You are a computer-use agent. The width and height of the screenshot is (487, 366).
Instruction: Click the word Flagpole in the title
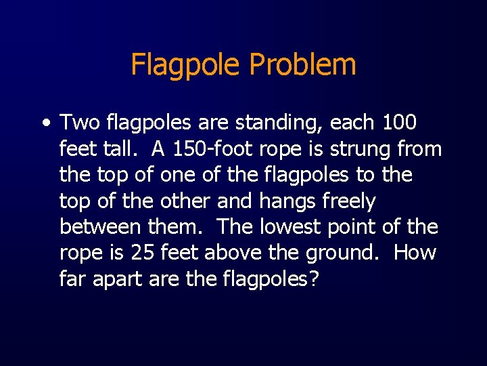tap(186, 66)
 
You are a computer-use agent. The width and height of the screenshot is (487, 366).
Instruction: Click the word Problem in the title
tap(302, 66)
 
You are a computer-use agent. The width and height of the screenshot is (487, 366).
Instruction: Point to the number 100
tap(399, 123)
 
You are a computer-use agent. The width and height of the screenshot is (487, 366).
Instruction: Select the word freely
tap(350, 201)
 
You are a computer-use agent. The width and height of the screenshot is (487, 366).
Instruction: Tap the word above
tap(231, 253)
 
